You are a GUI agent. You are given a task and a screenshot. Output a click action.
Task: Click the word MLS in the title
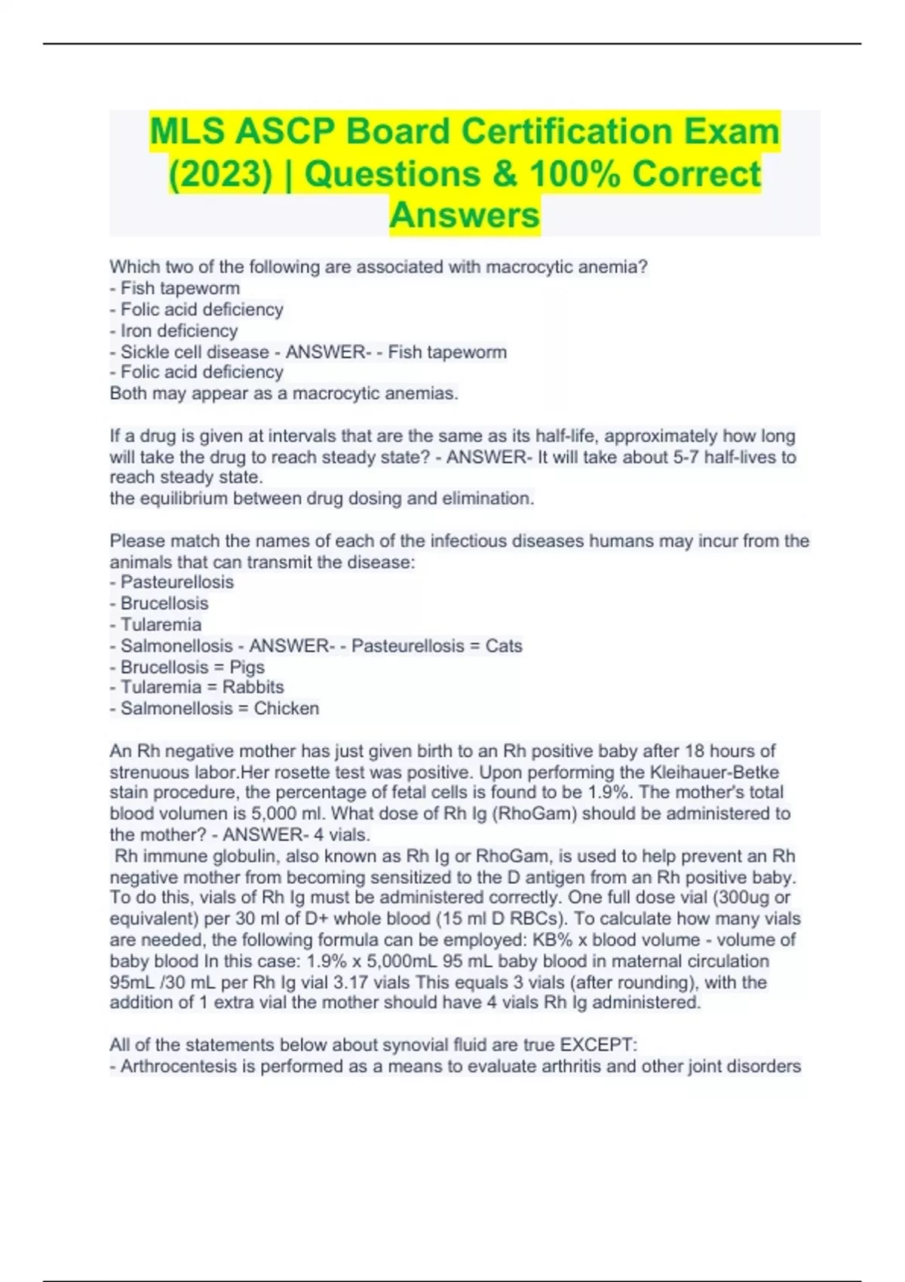[188, 132]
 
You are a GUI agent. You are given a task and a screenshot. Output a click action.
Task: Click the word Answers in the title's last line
[465, 216]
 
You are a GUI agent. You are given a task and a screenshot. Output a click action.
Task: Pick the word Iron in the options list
[137, 331]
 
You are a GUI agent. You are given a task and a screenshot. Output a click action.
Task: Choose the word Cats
[504, 646]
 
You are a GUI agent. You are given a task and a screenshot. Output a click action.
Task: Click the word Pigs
[247, 667]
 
